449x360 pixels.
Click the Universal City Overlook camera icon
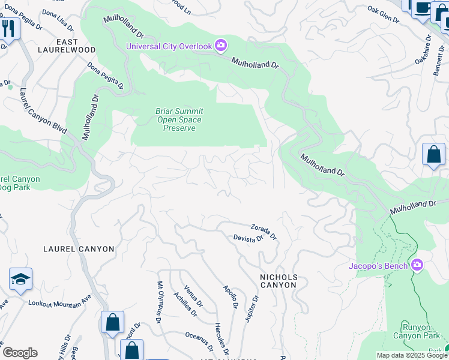click(221, 46)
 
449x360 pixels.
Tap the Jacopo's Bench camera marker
click(418, 265)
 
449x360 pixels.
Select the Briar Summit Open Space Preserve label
click(179, 119)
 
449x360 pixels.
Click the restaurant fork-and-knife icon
click(8, 28)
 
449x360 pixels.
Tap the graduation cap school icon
click(20, 279)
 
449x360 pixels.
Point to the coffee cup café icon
click(423, 7)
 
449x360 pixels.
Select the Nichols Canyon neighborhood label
click(278, 281)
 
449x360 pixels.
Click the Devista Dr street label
click(249, 238)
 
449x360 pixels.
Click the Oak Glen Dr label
click(383, 15)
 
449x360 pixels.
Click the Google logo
click(20, 353)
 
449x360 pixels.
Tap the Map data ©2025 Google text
click(411, 355)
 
